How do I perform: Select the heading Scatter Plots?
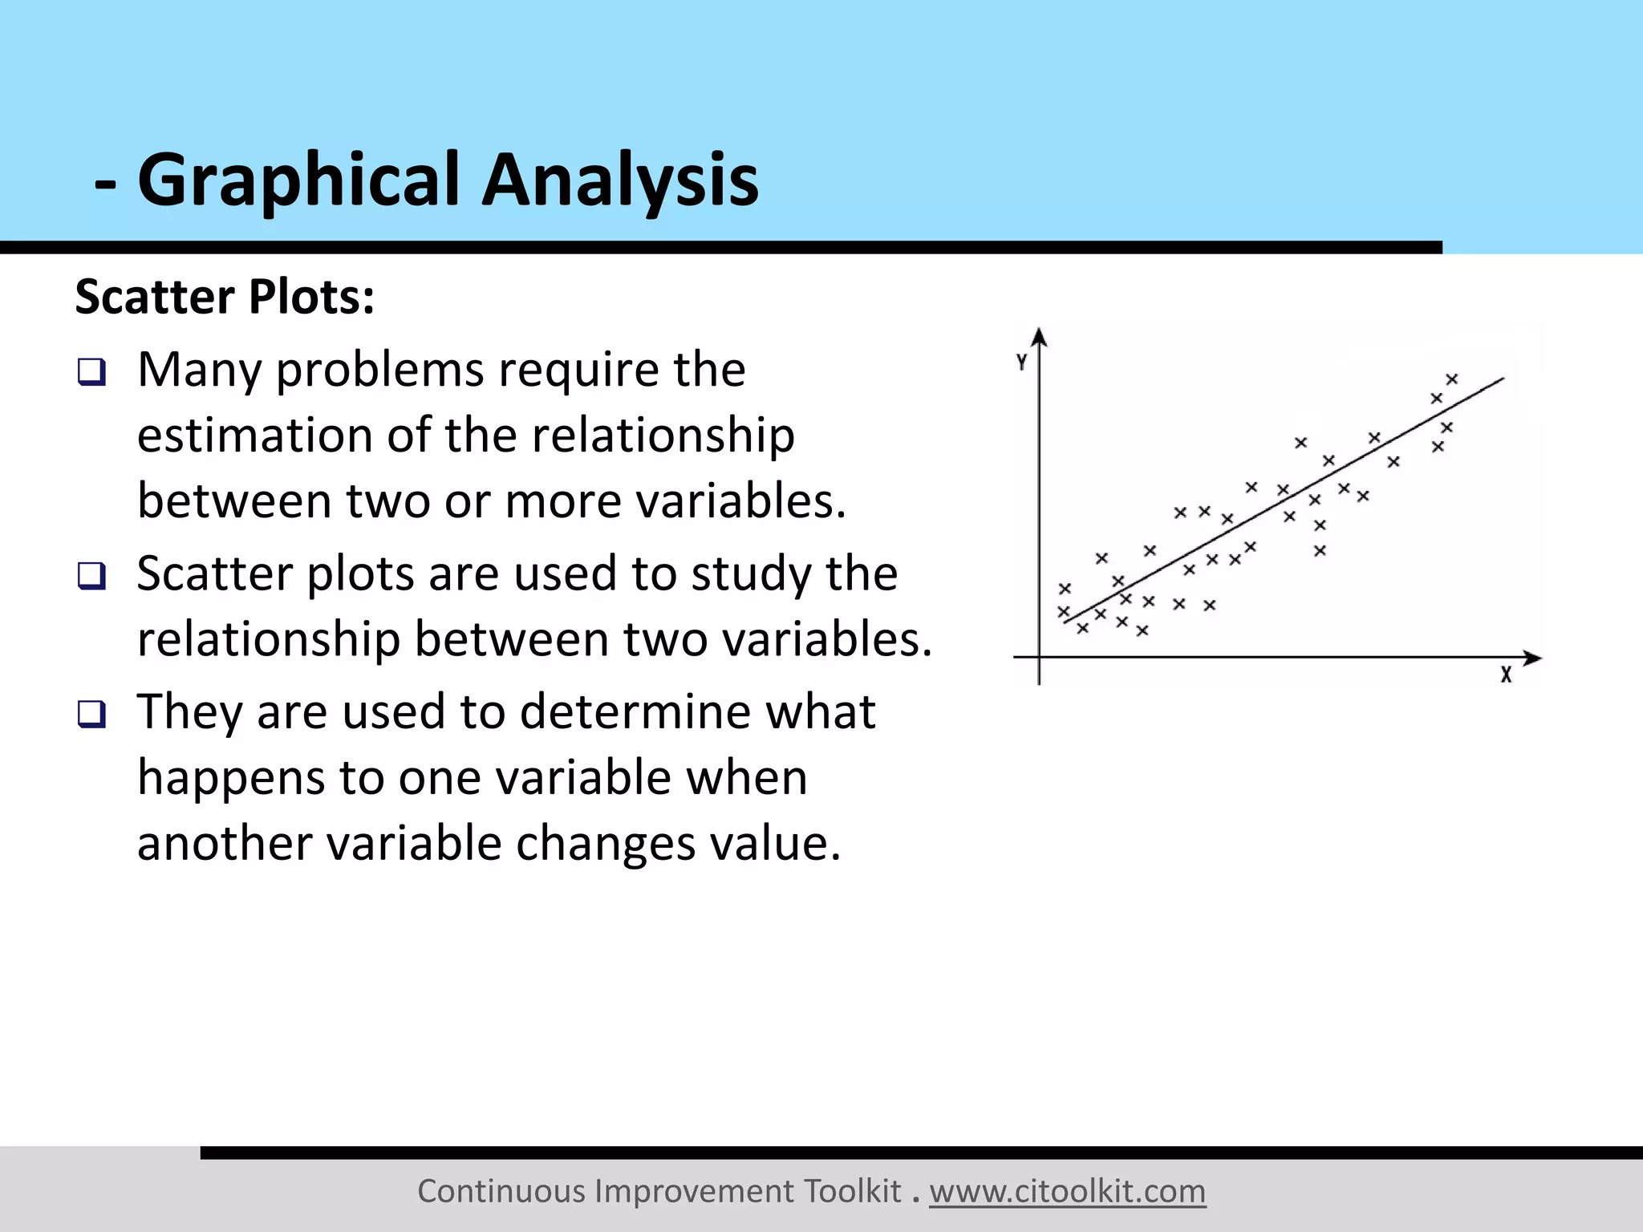tap(225, 297)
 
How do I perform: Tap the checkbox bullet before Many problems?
tap(91, 372)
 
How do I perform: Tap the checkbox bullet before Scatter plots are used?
tap(91, 576)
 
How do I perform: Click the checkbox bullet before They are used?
tap(91, 714)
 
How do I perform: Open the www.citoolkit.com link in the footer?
tap(1067, 1191)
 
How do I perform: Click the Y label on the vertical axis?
tap(1021, 363)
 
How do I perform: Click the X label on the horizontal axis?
tap(1506, 675)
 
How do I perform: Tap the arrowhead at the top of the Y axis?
tap(1040, 335)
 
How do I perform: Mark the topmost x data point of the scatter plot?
tap(1451, 379)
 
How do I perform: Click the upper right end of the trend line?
tap(1502, 379)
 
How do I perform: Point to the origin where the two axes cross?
tap(1040, 658)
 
